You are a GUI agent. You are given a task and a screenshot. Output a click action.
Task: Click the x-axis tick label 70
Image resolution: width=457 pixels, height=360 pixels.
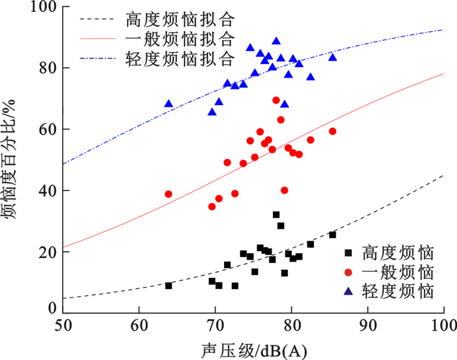coord(215,324)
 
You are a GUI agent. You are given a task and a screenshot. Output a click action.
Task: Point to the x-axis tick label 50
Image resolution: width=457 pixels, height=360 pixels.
coord(63,324)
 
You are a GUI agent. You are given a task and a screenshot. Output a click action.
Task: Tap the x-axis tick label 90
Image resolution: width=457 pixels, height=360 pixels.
coord(368,324)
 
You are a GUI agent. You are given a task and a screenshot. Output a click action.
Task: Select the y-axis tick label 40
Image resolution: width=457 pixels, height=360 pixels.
coord(48,190)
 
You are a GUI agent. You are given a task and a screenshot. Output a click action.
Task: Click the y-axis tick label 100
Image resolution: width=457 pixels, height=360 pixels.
coord(42,7)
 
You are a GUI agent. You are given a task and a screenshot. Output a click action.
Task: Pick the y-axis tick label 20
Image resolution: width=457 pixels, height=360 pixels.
coord(48,252)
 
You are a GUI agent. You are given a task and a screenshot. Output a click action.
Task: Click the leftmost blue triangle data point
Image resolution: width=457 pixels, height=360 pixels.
coord(168,104)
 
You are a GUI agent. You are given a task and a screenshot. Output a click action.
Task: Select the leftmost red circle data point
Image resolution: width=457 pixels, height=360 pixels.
coord(168,194)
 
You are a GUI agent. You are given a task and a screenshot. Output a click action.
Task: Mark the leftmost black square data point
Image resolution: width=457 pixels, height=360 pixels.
coord(168,286)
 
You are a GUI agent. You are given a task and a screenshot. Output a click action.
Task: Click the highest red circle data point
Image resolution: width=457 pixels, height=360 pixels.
coord(276,100)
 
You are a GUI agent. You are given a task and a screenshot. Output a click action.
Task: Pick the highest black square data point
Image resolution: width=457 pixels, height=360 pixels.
coord(276,215)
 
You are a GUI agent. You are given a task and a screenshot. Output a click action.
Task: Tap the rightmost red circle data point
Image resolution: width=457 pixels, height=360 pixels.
coord(332,131)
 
